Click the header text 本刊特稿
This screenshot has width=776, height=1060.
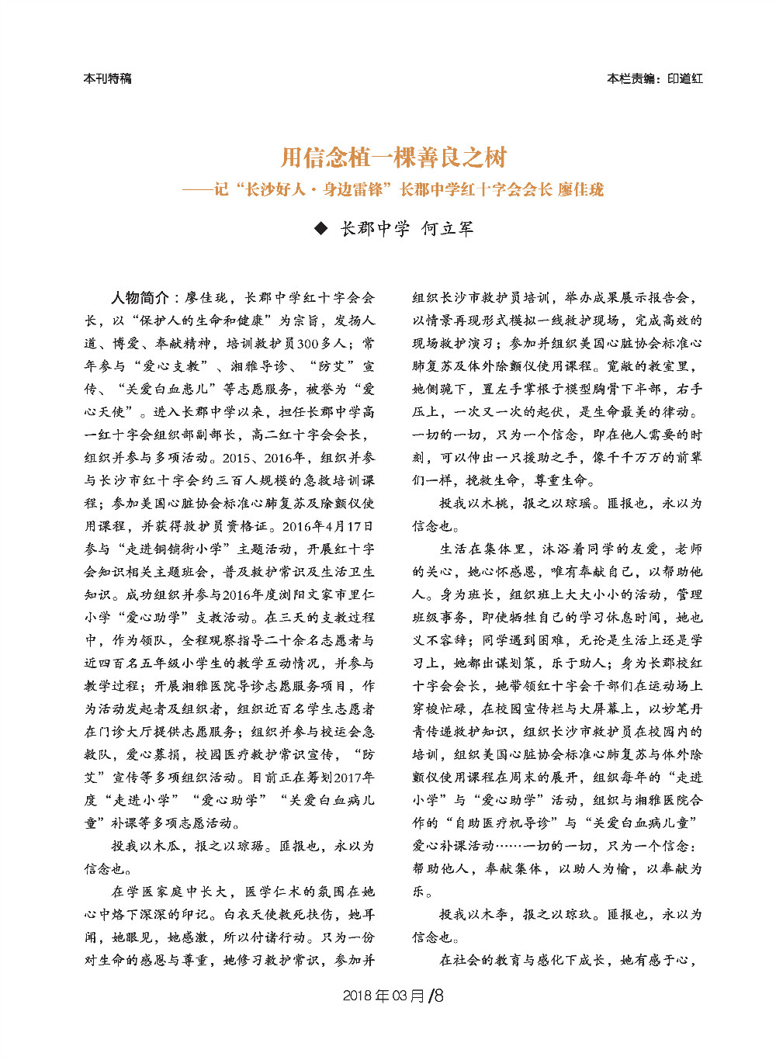(x=107, y=78)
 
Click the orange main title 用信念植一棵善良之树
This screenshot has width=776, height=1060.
(x=393, y=158)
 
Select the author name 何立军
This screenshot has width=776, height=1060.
(x=447, y=228)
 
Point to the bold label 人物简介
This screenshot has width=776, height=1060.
(x=140, y=298)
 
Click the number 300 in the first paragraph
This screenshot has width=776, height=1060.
(x=308, y=344)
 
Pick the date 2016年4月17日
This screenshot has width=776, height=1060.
(x=328, y=526)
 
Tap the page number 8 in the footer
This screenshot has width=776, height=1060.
(x=438, y=996)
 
